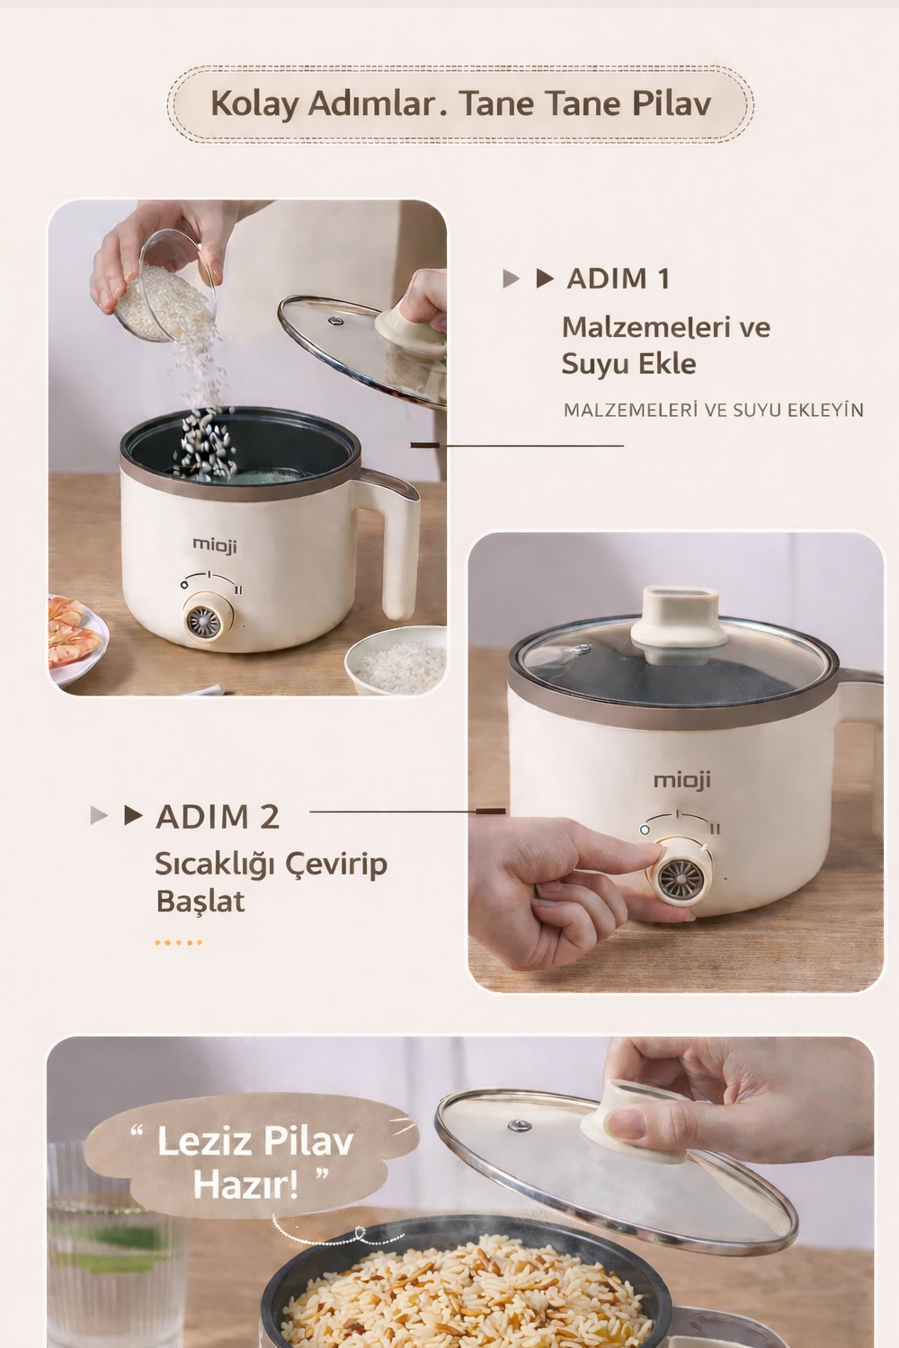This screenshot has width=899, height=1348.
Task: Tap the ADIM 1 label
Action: (x=618, y=279)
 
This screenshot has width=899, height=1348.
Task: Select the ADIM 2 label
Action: (x=218, y=817)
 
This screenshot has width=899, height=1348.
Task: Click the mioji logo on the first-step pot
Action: (x=214, y=545)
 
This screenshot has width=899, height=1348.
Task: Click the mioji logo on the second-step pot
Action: (x=682, y=780)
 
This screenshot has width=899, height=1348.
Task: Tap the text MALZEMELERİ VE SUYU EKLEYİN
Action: (x=714, y=411)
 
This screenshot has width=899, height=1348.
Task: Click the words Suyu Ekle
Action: (x=628, y=364)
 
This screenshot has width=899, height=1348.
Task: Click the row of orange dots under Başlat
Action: (x=178, y=943)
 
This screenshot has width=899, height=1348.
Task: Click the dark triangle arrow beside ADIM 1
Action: (x=544, y=279)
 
